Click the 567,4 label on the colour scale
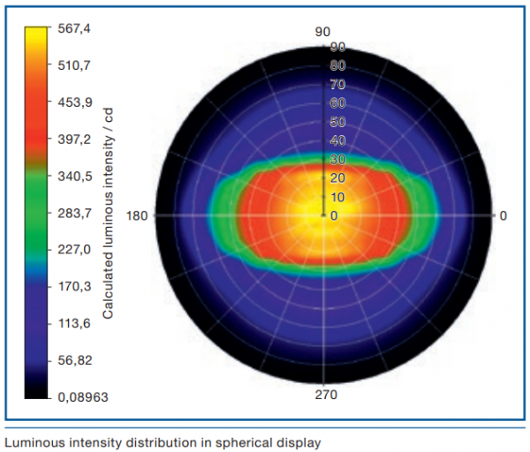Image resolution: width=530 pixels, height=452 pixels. (x=74, y=28)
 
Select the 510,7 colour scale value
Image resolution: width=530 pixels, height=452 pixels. (x=74, y=65)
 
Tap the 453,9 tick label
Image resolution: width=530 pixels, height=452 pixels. (x=74, y=102)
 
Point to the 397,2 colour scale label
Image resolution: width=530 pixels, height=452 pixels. (x=74, y=139)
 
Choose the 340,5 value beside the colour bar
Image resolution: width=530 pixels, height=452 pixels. (x=74, y=177)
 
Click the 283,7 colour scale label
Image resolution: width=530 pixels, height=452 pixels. (x=74, y=214)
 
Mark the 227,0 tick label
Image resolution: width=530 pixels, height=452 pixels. (x=74, y=250)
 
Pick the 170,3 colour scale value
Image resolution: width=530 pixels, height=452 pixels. (x=74, y=287)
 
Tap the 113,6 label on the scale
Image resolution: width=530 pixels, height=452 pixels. (x=74, y=324)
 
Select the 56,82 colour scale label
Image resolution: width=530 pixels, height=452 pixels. (x=74, y=361)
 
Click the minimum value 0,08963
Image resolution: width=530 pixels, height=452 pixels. (x=82, y=398)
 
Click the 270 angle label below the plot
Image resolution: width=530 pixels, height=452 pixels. (x=325, y=395)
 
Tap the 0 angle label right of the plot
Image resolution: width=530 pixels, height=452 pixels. (x=503, y=215)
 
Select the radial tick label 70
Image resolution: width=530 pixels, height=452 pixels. (x=337, y=85)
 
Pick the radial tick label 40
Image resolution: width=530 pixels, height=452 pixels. (x=337, y=141)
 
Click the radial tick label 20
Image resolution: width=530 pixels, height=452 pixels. (x=337, y=178)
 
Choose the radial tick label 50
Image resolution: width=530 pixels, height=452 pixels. (x=337, y=123)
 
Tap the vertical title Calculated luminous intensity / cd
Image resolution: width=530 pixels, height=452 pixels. (x=109, y=213)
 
